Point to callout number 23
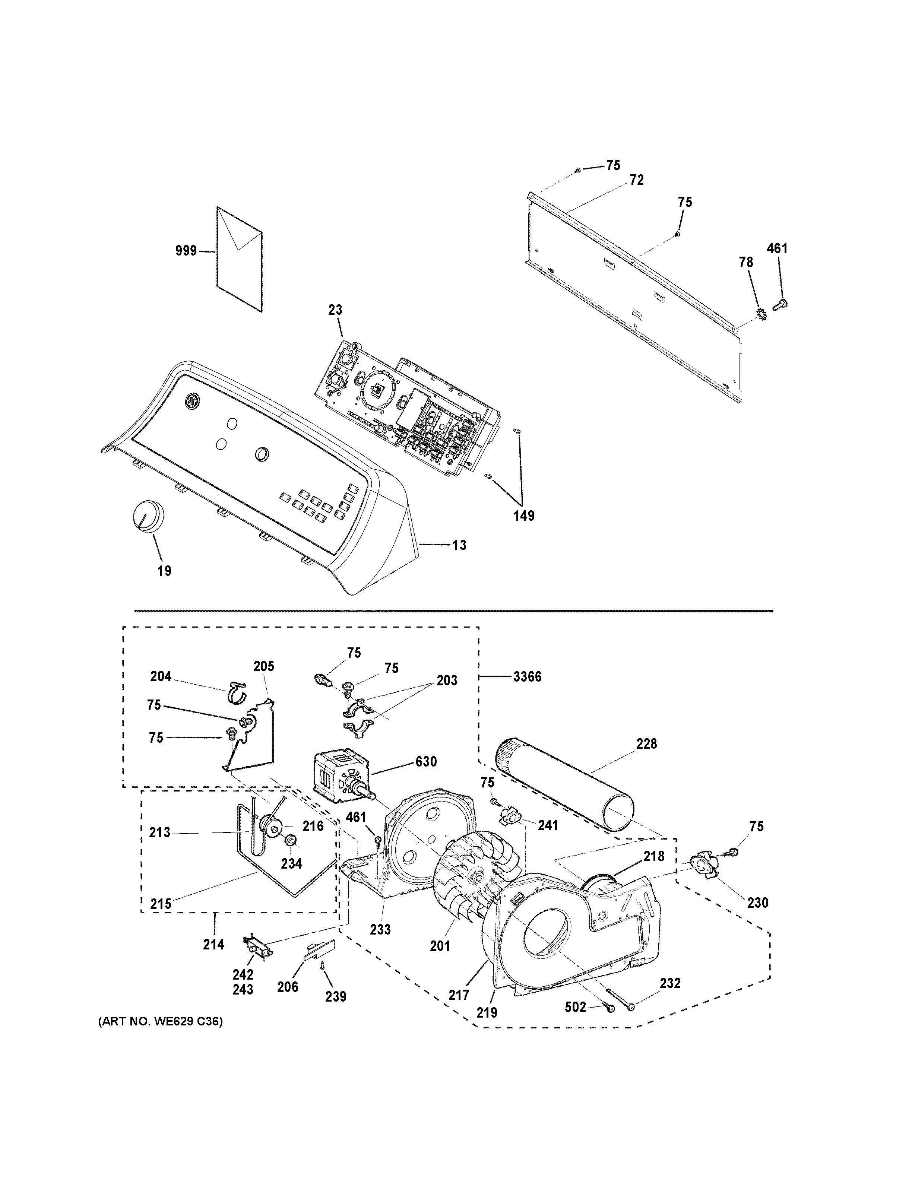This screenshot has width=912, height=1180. [x=335, y=310]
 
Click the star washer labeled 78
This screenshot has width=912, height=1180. [x=762, y=312]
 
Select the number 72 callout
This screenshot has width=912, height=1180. [x=636, y=180]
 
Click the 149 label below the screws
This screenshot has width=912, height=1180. [x=523, y=516]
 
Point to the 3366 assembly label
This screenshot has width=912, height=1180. [x=527, y=676]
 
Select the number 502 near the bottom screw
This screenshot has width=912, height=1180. [x=575, y=1007]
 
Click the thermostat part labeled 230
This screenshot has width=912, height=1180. [x=707, y=869]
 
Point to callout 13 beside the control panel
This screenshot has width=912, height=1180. [x=459, y=545]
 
